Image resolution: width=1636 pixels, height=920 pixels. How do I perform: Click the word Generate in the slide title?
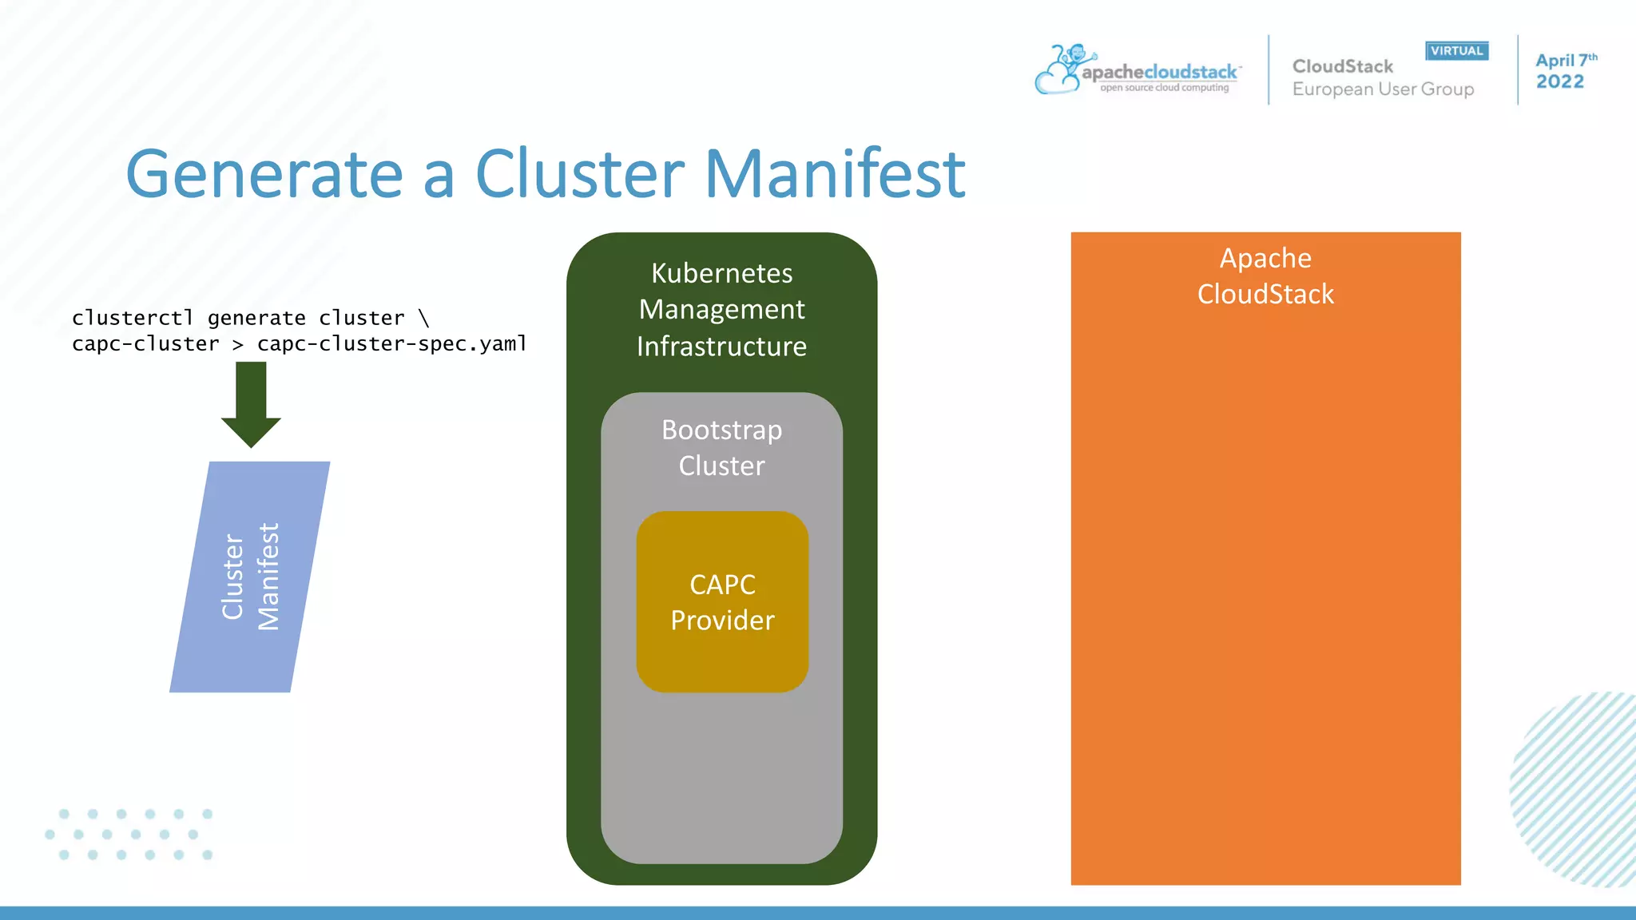click(264, 174)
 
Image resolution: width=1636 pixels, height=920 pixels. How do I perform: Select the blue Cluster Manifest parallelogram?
click(249, 577)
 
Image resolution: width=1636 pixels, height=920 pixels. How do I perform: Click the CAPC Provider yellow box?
click(722, 602)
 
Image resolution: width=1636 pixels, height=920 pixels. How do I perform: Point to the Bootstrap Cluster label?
click(721, 447)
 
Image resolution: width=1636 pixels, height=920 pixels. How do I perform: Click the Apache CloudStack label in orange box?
click(1265, 276)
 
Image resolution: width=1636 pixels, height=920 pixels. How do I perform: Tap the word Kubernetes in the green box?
click(721, 273)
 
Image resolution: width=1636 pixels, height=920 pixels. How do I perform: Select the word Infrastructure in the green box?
click(721, 347)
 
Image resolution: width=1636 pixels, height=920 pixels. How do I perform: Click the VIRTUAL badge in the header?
click(1456, 51)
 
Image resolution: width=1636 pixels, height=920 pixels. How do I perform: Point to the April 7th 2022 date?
click(1563, 71)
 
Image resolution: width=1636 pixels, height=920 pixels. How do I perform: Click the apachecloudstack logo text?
click(1159, 73)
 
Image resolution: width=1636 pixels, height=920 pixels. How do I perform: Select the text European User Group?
click(1383, 89)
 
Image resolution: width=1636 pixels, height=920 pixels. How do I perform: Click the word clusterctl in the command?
click(133, 318)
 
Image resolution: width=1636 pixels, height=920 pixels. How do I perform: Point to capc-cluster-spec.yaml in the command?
click(391, 344)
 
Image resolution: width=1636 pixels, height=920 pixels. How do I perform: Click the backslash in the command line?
click(423, 318)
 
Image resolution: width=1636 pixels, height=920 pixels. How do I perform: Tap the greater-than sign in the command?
click(237, 344)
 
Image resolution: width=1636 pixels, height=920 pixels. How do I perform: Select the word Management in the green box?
click(721, 310)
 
